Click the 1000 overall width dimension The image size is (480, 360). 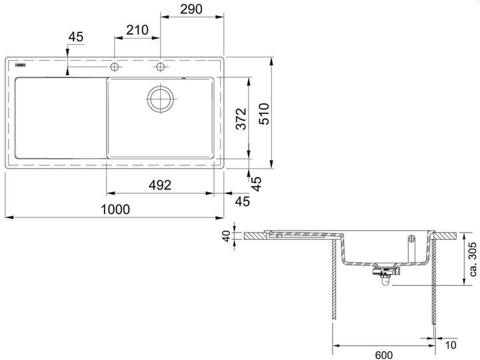(115, 209)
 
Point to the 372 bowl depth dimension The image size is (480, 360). (241, 118)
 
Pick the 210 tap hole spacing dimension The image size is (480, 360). (137, 30)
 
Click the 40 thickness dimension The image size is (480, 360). (227, 236)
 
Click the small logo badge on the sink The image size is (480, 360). (19, 67)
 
